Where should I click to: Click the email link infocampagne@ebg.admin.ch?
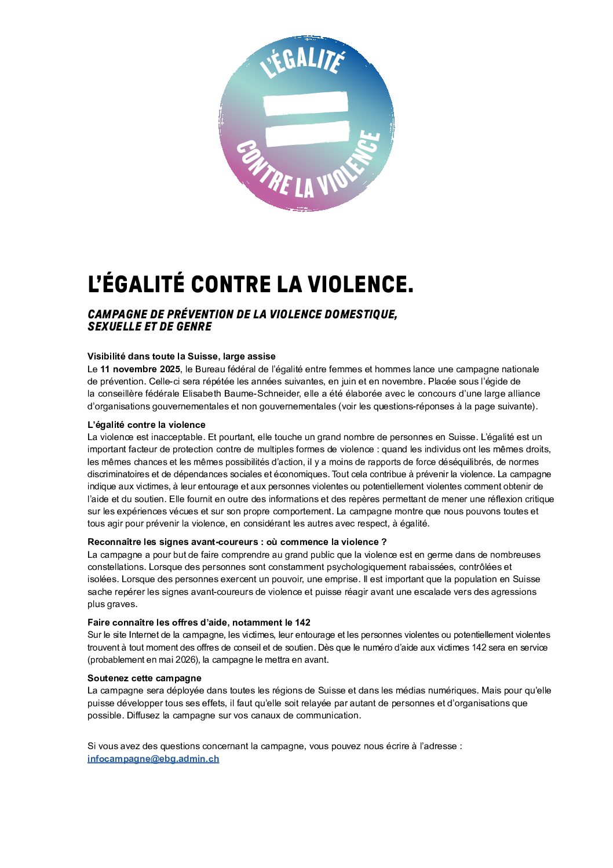pyautogui.click(x=153, y=758)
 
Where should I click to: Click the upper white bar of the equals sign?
pyautogui.click(x=306, y=103)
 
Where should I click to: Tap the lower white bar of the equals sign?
pyautogui.click(x=307, y=133)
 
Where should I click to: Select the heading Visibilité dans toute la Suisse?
pyautogui.click(x=181, y=356)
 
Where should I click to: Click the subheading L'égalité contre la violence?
pyautogui.click(x=146, y=424)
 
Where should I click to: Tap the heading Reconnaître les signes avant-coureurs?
pyautogui.click(x=236, y=542)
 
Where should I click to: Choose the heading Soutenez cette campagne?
pyautogui.click(x=144, y=678)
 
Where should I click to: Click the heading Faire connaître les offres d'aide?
pyautogui.click(x=199, y=622)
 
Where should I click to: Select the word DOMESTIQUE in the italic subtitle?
pyautogui.click(x=360, y=314)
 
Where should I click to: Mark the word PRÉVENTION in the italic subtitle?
pyautogui.click(x=200, y=314)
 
